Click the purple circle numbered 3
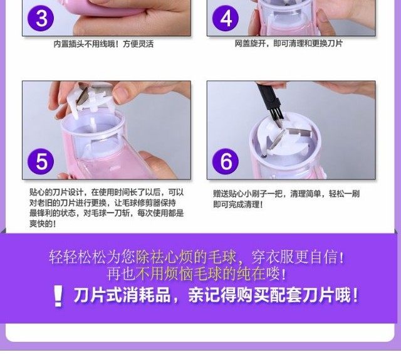point(41,19)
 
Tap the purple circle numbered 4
point(226,18)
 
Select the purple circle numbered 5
point(41,162)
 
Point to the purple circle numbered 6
point(226,162)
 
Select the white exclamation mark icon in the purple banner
point(58,296)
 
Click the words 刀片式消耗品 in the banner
point(122,295)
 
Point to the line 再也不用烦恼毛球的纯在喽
point(196,273)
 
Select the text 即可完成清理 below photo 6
point(237,204)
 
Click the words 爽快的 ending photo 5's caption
point(42,224)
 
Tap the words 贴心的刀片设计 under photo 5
point(56,193)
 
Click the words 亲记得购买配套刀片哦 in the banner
point(273,295)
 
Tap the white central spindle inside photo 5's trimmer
point(93,125)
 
